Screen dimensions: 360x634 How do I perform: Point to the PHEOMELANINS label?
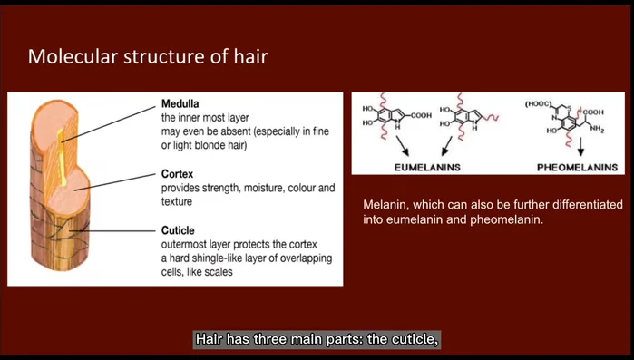pos(577,168)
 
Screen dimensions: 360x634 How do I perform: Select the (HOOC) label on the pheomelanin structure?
pos(539,105)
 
